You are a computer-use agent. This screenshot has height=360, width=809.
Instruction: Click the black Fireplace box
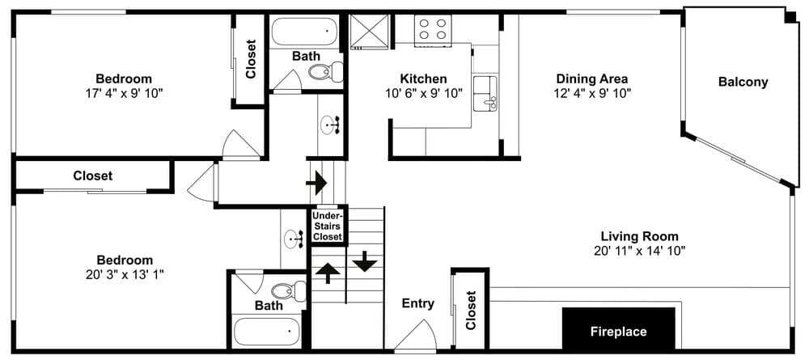coord(619,328)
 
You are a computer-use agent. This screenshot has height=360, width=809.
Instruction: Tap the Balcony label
coord(743,82)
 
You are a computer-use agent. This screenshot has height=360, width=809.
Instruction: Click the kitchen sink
coord(485,92)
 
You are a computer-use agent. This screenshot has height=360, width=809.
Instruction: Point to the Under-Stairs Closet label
coord(328,226)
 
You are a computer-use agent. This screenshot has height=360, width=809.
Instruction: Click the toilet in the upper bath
coord(326,71)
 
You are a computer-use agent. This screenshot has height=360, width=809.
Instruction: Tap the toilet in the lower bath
coord(289,290)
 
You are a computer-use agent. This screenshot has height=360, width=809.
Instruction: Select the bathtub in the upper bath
coord(304,32)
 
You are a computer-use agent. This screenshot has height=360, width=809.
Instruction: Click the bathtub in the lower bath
coord(266,332)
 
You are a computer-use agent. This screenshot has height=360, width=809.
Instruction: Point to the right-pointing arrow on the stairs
coord(316,183)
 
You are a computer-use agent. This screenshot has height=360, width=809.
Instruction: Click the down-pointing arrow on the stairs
coord(366,261)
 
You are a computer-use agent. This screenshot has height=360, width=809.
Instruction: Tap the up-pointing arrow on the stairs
coord(328,273)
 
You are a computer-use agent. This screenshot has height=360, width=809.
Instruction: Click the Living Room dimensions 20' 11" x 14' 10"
coord(639,251)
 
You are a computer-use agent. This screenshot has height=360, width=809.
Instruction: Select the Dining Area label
coord(592,79)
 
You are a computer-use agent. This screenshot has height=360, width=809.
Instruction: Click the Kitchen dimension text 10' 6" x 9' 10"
coord(424,93)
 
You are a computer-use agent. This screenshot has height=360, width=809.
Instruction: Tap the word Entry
coord(418,304)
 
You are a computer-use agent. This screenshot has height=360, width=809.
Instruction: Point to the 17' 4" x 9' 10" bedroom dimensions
coord(124,93)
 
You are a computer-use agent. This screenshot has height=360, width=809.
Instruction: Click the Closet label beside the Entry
coord(470,311)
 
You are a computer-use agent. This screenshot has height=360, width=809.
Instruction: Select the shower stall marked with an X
coord(369,32)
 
